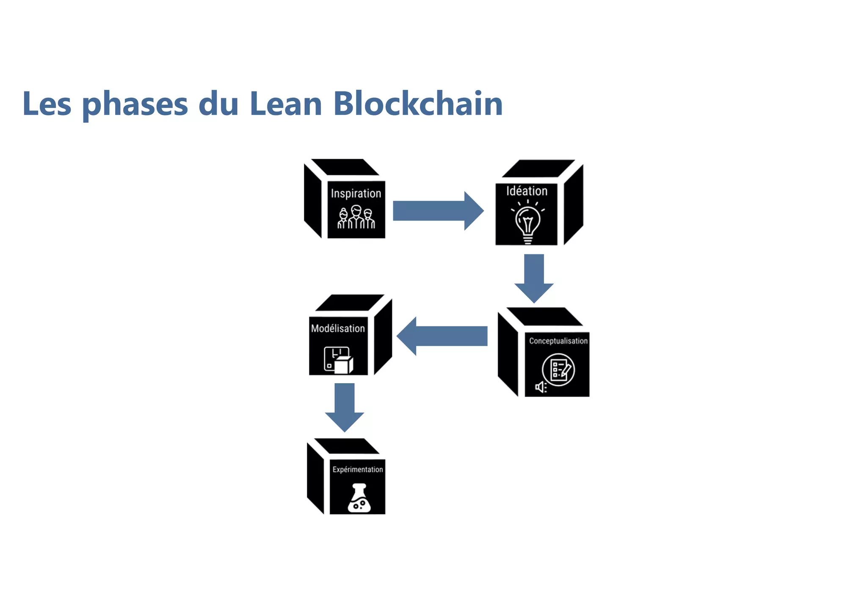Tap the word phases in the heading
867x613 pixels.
click(135, 105)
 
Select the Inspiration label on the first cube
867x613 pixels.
click(356, 193)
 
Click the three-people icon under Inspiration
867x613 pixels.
click(356, 217)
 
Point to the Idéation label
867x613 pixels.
click(527, 191)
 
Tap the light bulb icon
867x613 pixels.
click(527, 221)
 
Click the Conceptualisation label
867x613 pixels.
click(558, 341)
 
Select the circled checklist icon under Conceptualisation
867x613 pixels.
click(558, 370)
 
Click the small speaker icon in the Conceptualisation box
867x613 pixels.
click(541, 387)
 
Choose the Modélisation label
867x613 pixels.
click(338, 328)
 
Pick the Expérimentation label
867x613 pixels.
click(358, 469)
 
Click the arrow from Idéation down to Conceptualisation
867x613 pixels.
click(534, 277)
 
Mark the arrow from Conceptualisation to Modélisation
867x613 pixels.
click(442, 336)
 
